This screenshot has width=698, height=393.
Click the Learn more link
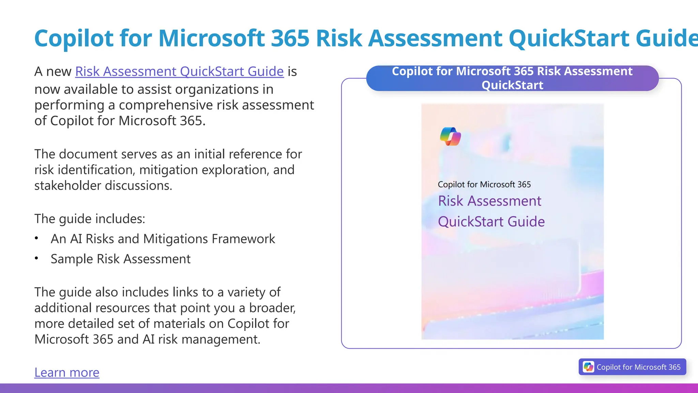(67, 373)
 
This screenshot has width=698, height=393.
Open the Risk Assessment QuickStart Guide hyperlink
(179, 72)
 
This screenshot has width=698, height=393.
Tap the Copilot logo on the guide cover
(450, 136)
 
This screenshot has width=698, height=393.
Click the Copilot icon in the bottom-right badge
(588, 367)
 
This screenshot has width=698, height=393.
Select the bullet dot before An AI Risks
(36, 238)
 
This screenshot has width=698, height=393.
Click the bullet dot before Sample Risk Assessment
(36, 259)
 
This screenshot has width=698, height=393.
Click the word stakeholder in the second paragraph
(68, 186)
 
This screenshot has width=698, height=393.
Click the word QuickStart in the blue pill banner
(512, 85)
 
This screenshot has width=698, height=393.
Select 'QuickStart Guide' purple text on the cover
(491, 222)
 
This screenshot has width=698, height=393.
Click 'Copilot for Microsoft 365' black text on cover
(484, 185)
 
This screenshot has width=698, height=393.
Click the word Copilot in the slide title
(74, 38)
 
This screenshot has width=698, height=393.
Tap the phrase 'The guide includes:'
(90, 219)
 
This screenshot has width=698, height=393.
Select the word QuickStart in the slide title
(568, 38)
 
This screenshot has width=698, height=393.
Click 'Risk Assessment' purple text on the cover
(489, 201)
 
